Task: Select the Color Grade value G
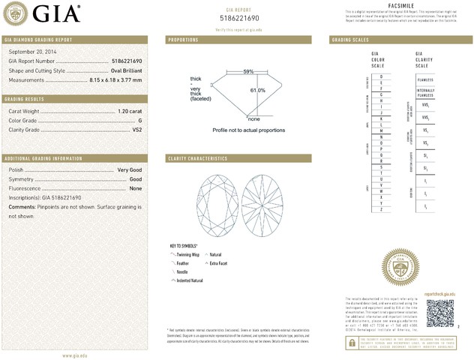[139, 120]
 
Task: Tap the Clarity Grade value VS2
[136, 130]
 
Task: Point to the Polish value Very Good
[130, 170]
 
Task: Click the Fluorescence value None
[136, 188]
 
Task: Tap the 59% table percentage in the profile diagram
[248, 71]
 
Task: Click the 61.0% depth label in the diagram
[257, 91]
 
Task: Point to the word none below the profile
[253, 119]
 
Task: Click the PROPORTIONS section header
[183, 39]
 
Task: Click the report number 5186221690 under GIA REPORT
[240, 16]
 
